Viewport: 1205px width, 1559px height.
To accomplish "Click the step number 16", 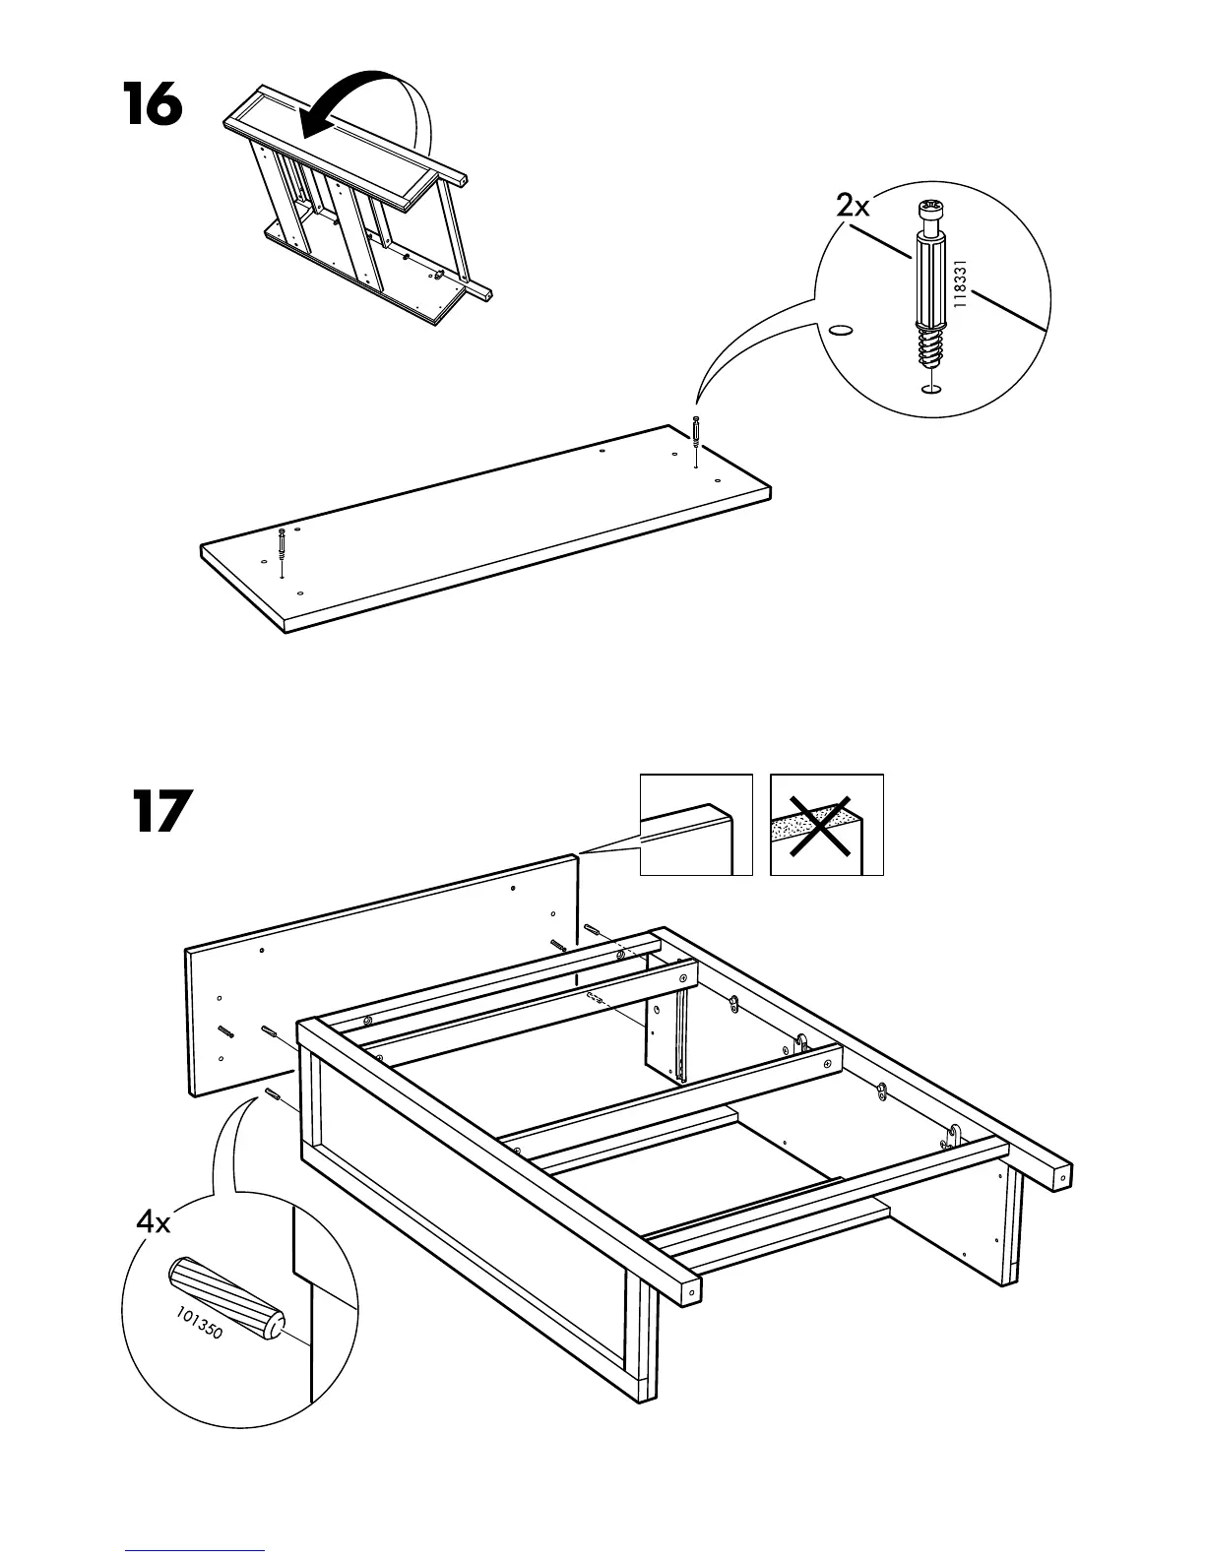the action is click(x=153, y=105).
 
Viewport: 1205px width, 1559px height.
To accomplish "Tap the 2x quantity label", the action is click(x=853, y=207).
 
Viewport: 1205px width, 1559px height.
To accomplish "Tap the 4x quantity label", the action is click(x=154, y=1223).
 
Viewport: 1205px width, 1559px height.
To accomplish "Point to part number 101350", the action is click(x=200, y=1323).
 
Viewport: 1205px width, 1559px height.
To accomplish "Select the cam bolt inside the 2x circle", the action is click(x=929, y=285).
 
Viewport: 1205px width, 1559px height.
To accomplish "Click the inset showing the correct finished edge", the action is click(x=696, y=825).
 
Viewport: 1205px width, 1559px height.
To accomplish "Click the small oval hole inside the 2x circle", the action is click(x=840, y=330).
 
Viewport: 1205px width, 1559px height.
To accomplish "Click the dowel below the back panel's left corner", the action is click(x=273, y=1097).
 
